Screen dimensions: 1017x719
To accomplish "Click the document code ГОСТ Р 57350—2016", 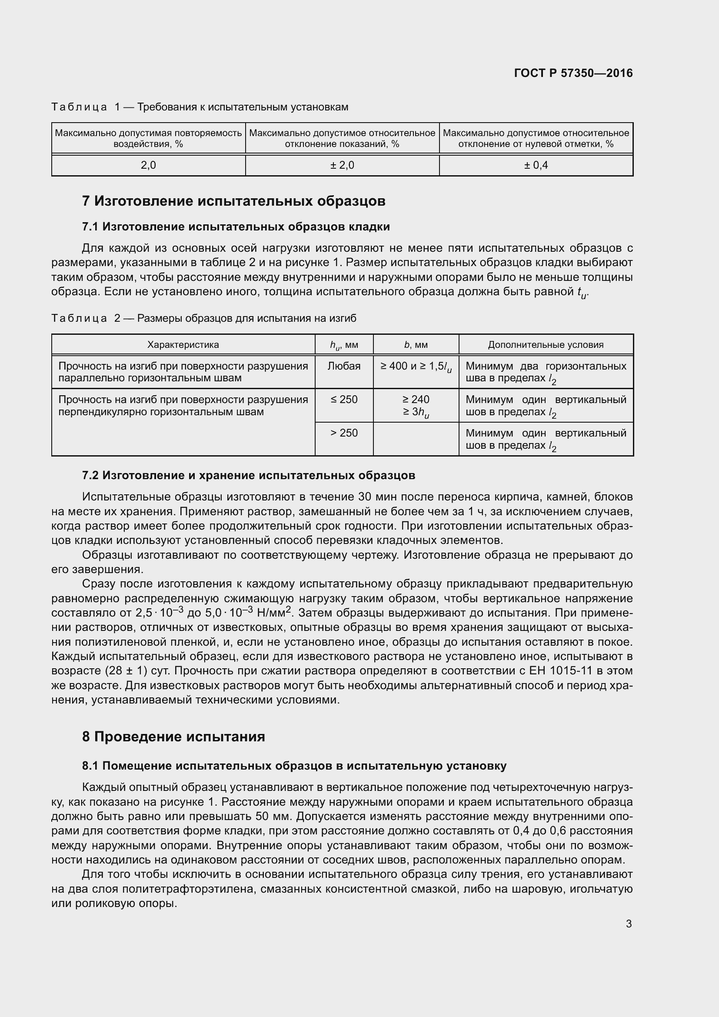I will [x=573, y=73].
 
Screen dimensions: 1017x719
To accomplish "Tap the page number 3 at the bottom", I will [x=629, y=924].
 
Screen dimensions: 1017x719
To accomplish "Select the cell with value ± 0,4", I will [x=536, y=165].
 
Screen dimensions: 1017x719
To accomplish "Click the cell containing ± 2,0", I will [x=342, y=165].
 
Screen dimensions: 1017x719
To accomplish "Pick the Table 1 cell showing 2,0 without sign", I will [x=148, y=165].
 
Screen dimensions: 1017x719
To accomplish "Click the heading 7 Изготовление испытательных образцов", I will [x=234, y=201].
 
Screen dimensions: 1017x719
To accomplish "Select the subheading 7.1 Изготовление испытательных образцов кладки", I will [x=236, y=227].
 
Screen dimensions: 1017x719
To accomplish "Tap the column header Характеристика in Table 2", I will [x=183, y=345].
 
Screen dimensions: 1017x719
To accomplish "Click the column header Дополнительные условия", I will [x=546, y=345].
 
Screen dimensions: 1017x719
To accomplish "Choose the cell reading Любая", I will [x=344, y=366].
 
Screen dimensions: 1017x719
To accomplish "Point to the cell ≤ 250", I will [x=344, y=400].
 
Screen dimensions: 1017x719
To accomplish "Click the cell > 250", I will [x=344, y=433].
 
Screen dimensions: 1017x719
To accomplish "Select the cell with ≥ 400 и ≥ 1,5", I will [x=416, y=367].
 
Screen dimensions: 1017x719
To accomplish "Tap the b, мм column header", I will [x=416, y=345].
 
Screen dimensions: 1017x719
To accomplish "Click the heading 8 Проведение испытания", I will [x=173, y=737].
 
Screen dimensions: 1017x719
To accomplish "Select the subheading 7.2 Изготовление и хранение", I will [x=248, y=475].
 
